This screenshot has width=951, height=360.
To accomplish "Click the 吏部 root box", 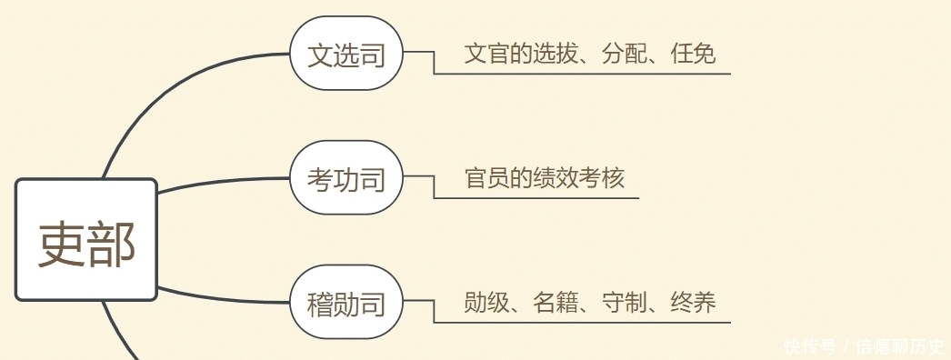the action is [x=86, y=240].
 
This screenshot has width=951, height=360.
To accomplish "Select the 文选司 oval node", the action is [x=346, y=55].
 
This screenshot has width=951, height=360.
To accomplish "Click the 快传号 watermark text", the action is [x=809, y=346].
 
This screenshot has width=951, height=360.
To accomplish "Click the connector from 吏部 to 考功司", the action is [x=223, y=183].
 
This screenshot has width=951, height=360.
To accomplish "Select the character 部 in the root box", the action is [x=112, y=244].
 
